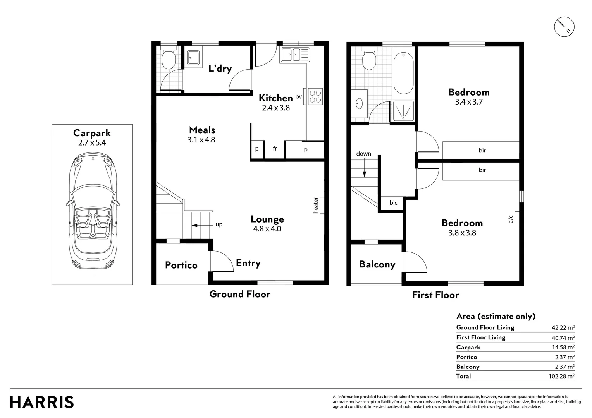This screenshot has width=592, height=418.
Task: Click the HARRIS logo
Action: point(41,402)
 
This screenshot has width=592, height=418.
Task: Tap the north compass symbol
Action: point(564,27)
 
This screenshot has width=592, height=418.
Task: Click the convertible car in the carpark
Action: point(92,211)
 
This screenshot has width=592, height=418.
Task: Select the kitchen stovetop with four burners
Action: point(315,96)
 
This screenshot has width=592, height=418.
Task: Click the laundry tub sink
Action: point(193,58)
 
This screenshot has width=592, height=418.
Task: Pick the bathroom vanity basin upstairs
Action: point(359,104)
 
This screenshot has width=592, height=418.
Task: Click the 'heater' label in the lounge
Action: point(316,205)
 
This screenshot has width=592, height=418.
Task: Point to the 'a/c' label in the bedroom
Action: point(511,219)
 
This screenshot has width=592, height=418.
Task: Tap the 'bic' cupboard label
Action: point(393,203)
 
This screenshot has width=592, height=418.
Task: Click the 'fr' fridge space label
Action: point(275,149)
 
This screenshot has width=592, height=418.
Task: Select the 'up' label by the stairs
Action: point(219,224)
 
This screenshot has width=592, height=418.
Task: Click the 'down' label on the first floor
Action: point(363,154)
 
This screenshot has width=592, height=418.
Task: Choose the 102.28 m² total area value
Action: point(563,376)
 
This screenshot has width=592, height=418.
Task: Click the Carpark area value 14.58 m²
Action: point(563,348)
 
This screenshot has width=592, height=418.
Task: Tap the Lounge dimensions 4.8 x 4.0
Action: point(267,229)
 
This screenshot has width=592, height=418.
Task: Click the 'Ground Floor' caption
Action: point(240,294)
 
